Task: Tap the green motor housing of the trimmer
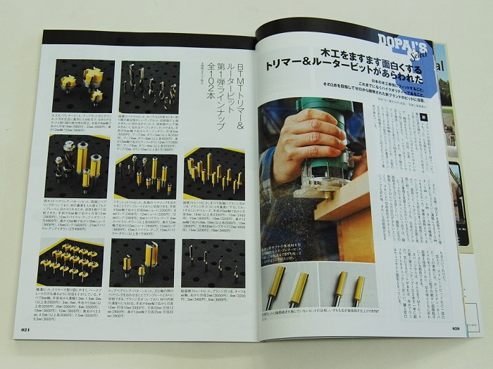tap(326, 105)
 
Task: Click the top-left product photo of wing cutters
tap(83, 85)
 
